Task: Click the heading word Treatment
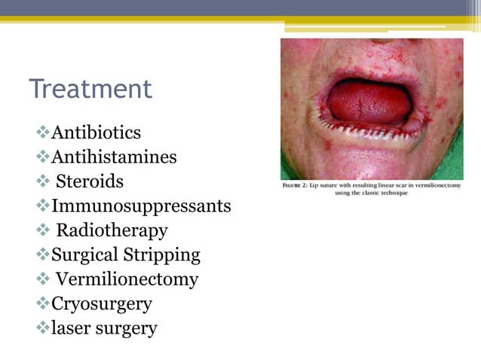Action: pyautogui.click(x=90, y=89)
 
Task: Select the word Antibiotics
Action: pyautogui.click(x=96, y=133)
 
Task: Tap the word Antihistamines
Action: pyautogui.click(x=114, y=157)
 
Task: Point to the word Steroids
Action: pyautogui.click(x=90, y=182)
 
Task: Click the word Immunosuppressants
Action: pyautogui.click(x=141, y=206)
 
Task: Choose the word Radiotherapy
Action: pyautogui.click(x=112, y=230)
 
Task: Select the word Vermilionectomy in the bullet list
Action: pyautogui.click(x=127, y=279)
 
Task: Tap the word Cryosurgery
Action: pyautogui.click(x=102, y=304)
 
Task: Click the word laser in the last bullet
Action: pyautogui.click(x=71, y=328)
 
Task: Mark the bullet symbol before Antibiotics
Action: pyautogui.click(x=42, y=133)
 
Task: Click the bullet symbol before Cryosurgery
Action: pyautogui.click(x=42, y=304)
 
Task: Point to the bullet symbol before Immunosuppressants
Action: pyautogui.click(x=42, y=206)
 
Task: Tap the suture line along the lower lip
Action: pyautogui.click(x=369, y=134)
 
